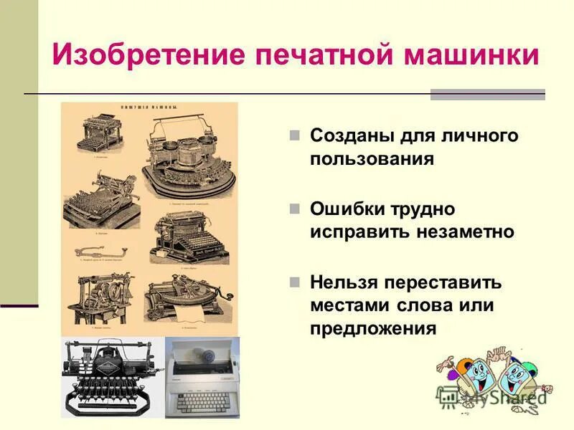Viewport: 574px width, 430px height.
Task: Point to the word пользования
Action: (x=372, y=158)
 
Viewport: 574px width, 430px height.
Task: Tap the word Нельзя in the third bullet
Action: (x=344, y=282)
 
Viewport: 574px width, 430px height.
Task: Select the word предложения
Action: (x=373, y=328)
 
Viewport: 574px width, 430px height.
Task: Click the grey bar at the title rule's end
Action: (x=487, y=94)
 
